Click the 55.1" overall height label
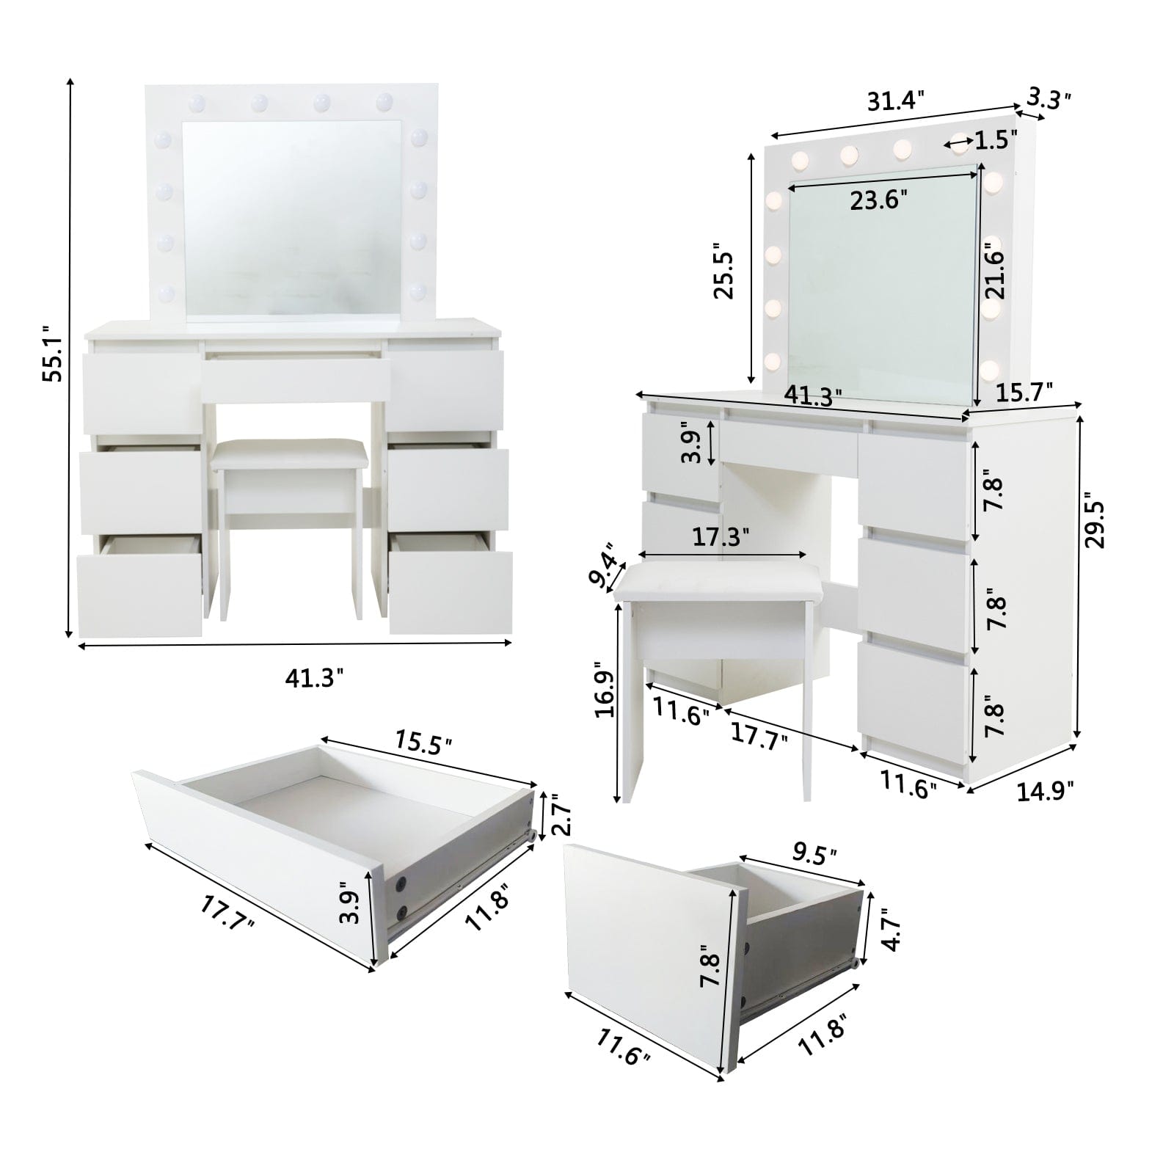(53, 354)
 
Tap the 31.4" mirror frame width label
(896, 101)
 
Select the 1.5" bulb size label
(995, 139)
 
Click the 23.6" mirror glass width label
(878, 200)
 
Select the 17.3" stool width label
(721, 536)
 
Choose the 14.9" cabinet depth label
(1045, 790)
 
